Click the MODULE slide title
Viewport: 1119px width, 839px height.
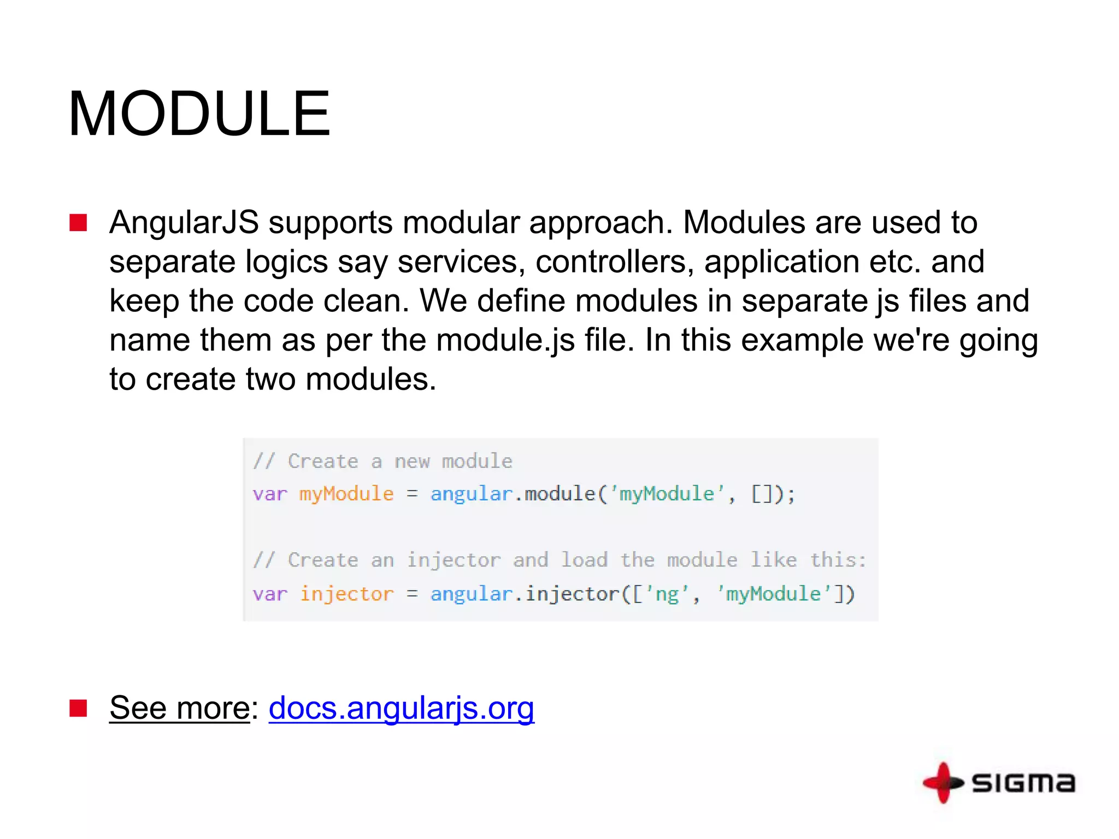[x=199, y=114]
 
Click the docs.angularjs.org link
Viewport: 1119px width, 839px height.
[x=401, y=708]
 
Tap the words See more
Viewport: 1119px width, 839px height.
[x=179, y=708]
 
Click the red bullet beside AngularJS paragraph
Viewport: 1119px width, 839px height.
[x=79, y=223]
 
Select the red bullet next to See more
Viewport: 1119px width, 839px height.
[x=79, y=708]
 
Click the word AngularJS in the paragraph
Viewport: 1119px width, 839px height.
[x=184, y=223]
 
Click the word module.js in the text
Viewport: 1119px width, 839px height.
[x=505, y=340]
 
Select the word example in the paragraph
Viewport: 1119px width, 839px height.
[x=802, y=340]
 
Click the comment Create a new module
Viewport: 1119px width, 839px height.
[x=382, y=462]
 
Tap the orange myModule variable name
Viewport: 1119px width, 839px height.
[x=346, y=494]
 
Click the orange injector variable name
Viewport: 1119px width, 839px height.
[x=346, y=594]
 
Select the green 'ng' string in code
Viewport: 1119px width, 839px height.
[x=667, y=594]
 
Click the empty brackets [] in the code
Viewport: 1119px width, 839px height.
[x=762, y=494]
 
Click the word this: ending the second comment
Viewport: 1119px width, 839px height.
[x=838, y=560]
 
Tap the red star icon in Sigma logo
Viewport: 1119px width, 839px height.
[x=943, y=783]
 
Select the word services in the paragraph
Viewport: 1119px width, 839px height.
[x=457, y=262]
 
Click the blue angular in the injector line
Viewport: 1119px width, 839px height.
[x=471, y=594]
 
